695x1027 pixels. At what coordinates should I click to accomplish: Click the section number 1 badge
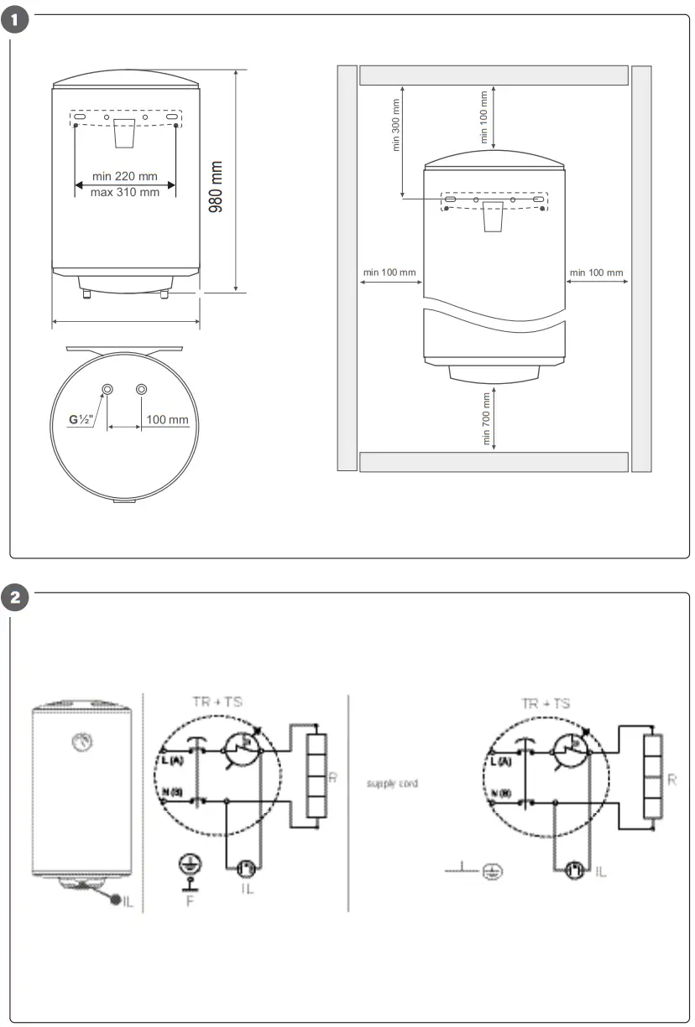click(17, 18)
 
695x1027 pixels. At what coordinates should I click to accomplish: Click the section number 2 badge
click(17, 597)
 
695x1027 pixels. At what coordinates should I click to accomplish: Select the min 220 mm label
click(125, 176)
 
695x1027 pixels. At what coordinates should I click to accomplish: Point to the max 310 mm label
click(125, 193)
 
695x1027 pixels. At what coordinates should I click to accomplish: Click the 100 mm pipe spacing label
click(167, 419)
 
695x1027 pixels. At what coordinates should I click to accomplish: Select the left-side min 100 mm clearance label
click(389, 272)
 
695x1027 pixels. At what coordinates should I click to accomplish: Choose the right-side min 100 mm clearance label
click(596, 272)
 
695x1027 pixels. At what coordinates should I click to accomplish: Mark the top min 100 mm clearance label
click(484, 117)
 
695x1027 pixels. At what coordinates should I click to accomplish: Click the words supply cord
click(392, 784)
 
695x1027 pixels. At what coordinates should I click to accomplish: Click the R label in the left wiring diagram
click(332, 779)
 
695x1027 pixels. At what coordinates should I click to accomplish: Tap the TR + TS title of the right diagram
click(545, 703)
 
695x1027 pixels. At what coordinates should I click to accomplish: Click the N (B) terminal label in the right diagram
click(499, 792)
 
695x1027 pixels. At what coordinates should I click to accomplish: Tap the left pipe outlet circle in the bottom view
click(108, 389)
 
